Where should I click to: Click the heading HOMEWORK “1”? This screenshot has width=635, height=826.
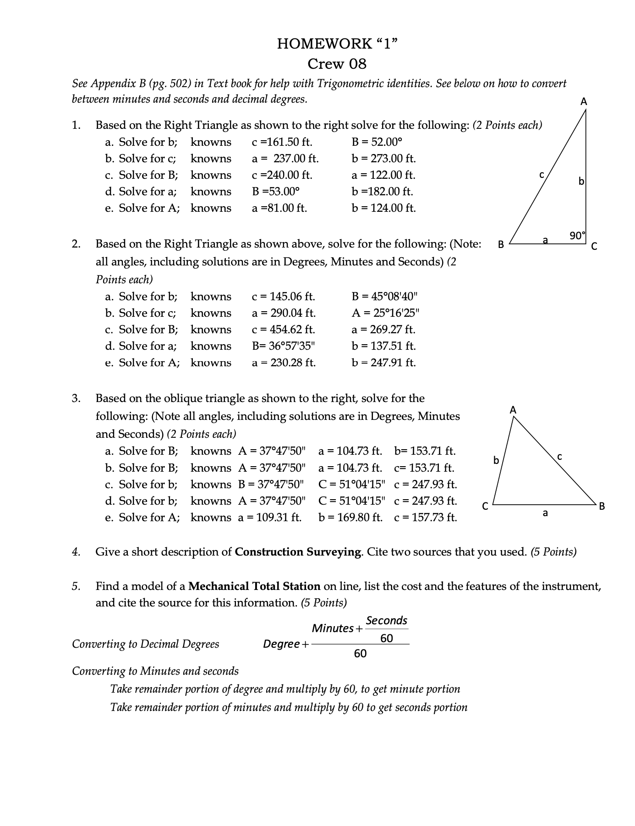coord(337,44)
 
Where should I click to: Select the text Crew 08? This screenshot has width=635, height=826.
coord(337,63)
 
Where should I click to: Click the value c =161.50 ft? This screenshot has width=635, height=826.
coord(282,142)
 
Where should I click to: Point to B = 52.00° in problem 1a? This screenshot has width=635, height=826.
coord(377,142)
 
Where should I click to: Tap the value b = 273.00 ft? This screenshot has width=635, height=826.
coord(383,159)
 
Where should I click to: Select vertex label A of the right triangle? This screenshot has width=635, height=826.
coord(584,102)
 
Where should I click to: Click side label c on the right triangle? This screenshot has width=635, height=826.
coord(542,174)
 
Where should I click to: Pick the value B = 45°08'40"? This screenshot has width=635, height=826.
coord(385,297)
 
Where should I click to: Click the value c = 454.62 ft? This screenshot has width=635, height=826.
coord(283,330)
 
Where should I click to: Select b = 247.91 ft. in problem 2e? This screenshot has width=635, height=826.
coord(383,363)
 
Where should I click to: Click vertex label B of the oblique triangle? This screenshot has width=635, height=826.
coord(602,506)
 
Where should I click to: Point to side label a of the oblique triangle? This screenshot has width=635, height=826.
coord(545,513)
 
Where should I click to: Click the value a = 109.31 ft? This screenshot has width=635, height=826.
coord(269,518)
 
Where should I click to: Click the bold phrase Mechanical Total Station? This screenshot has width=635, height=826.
coord(254,586)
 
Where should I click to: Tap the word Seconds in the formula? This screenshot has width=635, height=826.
coord(387,621)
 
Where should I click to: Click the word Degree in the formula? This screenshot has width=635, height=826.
coord(281,644)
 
